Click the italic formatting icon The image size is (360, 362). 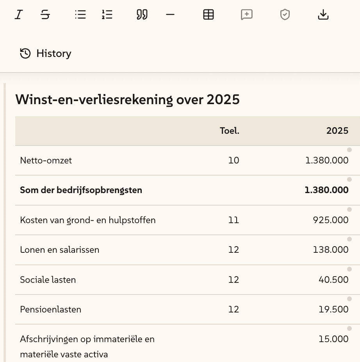pyautogui.click(x=18, y=15)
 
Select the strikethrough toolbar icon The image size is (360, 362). pyautogui.click(x=45, y=15)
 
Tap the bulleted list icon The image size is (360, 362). pyautogui.click(x=80, y=15)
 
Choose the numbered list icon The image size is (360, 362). pyautogui.click(x=107, y=15)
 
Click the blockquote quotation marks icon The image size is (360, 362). pyautogui.click(x=142, y=15)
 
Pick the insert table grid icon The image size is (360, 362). pyautogui.click(x=209, y=15)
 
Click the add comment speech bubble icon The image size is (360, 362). pyautogui.click(x=247, y=15)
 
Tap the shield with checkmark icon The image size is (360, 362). pyautogui.click(x=285, y=15)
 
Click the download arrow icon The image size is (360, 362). pyautogui.click(x=323, y=15)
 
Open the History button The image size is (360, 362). pyautogui.click(x=46, y=53)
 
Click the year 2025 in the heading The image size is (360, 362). pyautogui.click(x=223, y=100)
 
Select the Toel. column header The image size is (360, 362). pyautogui.click(x=230, y=131)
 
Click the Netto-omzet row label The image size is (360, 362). pyautogui.click(x=46, y=160)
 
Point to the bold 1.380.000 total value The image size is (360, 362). pyautogui.click(x=326, y=190)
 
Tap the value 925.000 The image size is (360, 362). pyautogui.click(x=331, y=220)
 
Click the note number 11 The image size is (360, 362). pyautogui.click(x=233, y=220)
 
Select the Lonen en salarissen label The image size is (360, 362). pyautogui.click(x=60, y=250)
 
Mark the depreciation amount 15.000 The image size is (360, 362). pyautogui.click(x=333, y=339)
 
